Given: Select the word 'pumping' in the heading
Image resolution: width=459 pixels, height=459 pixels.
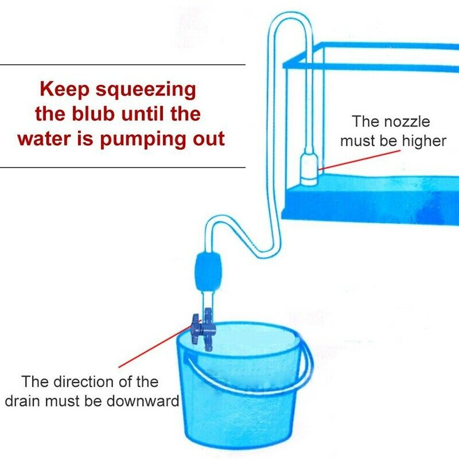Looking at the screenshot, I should click(x=139, y=139).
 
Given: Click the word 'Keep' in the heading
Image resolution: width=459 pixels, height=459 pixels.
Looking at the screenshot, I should click(x=60, y=91).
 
